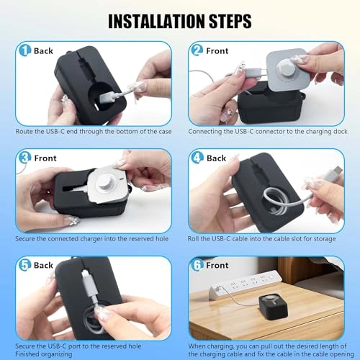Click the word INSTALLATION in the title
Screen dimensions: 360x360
pos(157,22)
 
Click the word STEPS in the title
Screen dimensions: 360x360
pos(230,22)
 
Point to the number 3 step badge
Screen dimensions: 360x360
pos(24,158)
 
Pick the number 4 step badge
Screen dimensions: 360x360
pos(197,158)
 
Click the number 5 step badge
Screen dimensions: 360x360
pos(24,265)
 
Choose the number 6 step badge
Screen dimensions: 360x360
pos(197,265)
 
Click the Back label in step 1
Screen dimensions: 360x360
pos(43,51)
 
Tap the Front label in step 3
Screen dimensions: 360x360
pos(45,158)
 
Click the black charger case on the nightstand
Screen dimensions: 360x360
pos(273,307)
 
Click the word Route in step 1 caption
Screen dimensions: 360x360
pos(23,132)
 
